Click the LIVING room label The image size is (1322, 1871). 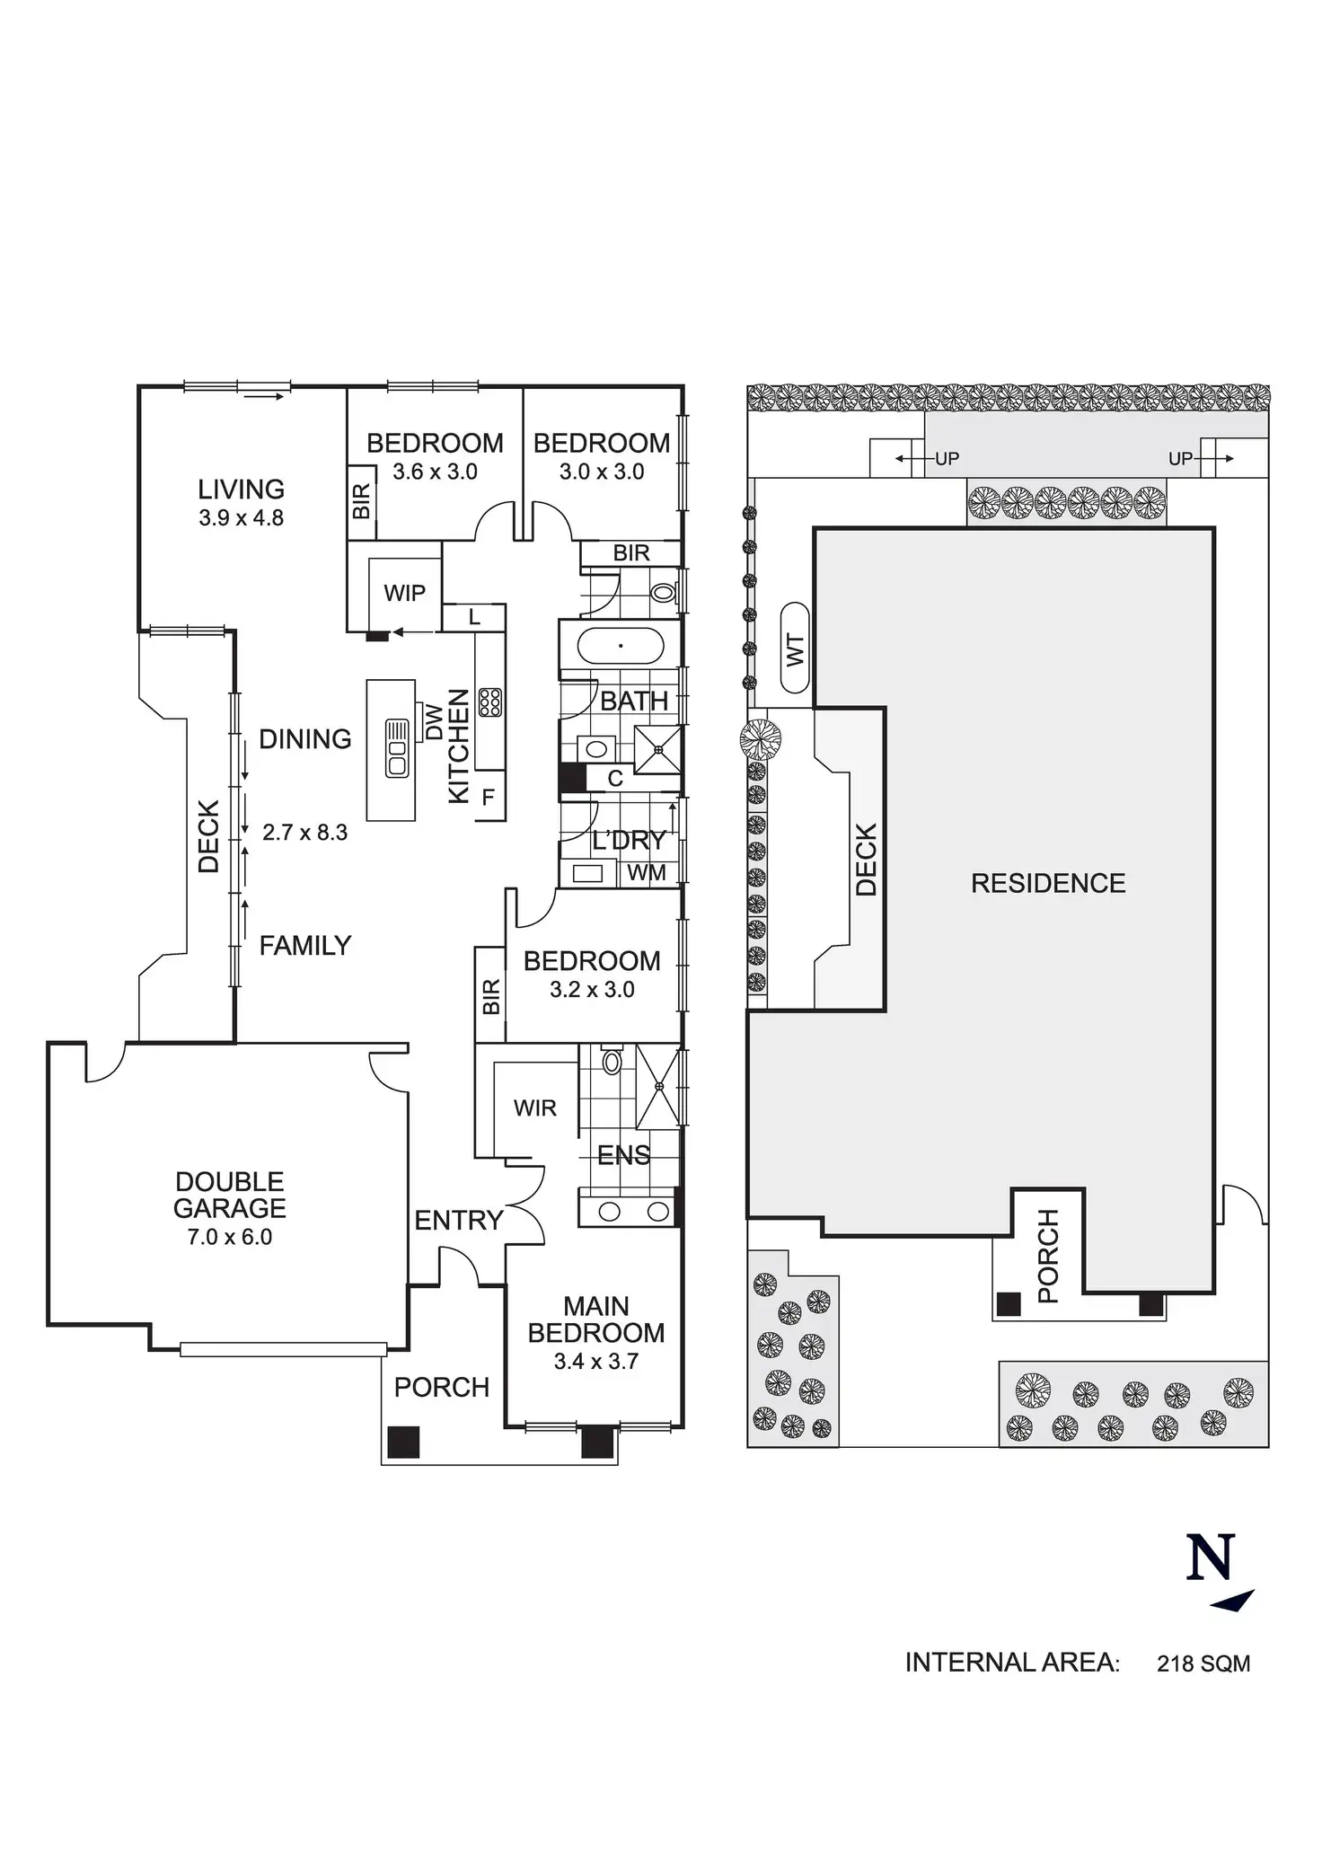241,490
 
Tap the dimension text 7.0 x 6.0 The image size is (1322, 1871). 229,1237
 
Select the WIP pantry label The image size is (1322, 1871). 404,593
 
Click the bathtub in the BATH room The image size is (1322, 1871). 620,647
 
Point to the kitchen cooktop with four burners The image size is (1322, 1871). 490,702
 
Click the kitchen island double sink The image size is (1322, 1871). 397,748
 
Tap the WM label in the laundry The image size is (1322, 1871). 647,872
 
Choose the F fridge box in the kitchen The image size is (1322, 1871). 489,796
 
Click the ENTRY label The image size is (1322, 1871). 458,1220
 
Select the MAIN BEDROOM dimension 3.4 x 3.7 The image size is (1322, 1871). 595,1361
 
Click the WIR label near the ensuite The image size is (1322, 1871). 535,1108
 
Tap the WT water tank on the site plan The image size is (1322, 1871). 796,647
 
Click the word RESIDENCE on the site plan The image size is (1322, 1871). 1048,883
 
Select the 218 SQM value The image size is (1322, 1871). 1203,1664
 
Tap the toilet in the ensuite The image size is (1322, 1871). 612,1063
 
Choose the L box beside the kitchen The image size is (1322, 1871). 474,617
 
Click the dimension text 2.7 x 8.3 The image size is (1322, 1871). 304,833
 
